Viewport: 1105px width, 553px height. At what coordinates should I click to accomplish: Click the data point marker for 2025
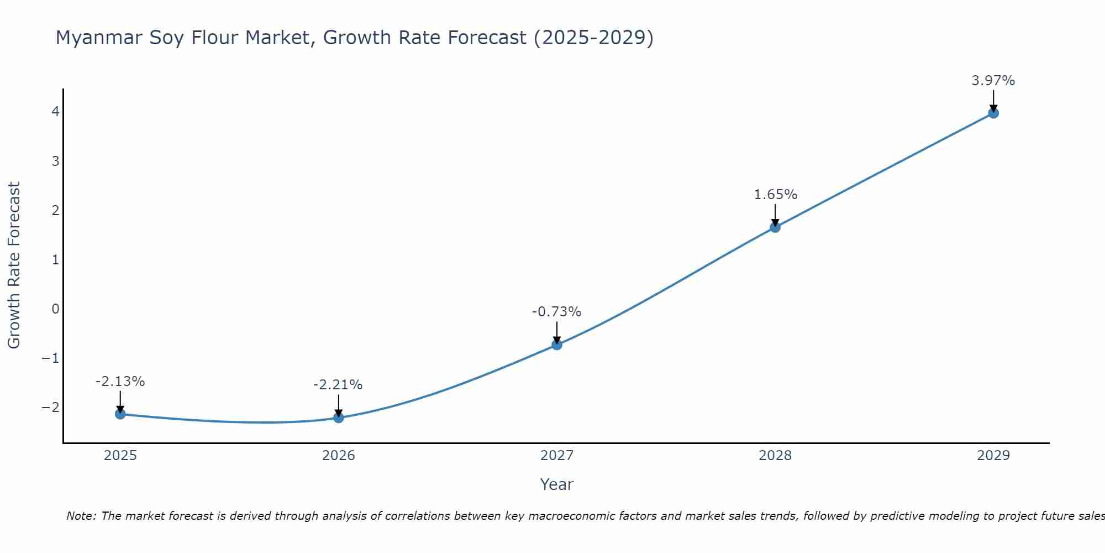point(120,414)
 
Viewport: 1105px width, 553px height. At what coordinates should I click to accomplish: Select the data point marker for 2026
point(339,418)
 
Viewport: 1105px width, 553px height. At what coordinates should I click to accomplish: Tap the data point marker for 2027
point(557,345)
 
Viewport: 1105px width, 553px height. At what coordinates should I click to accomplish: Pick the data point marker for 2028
point(775,227)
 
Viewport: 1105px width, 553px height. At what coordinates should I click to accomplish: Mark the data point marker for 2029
point(993,113)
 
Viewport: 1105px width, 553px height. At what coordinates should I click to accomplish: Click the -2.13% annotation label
point(120,382)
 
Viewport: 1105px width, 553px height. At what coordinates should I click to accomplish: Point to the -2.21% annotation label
point(338,385)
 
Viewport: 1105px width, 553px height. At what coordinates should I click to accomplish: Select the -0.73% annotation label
point(556,312)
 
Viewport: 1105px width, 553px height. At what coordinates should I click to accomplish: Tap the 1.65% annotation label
point(775,195)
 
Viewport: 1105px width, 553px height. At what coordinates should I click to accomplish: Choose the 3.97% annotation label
point(993,81)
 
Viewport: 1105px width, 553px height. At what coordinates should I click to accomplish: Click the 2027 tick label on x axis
point(557,456)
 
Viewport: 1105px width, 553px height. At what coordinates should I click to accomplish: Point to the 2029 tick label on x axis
point(993,456)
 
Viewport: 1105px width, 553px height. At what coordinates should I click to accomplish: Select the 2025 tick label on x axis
point(120,456)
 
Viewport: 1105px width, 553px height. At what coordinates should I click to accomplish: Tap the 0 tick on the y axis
point(55,309)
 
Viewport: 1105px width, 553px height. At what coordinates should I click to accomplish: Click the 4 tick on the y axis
point(55,112)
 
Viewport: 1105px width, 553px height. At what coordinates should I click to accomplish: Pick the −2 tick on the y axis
point(50,407)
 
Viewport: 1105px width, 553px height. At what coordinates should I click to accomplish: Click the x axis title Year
point(556,484)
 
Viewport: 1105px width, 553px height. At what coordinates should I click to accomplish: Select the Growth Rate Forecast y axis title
point(14,265)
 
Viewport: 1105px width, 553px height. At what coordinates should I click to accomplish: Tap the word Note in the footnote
point(81,516)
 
